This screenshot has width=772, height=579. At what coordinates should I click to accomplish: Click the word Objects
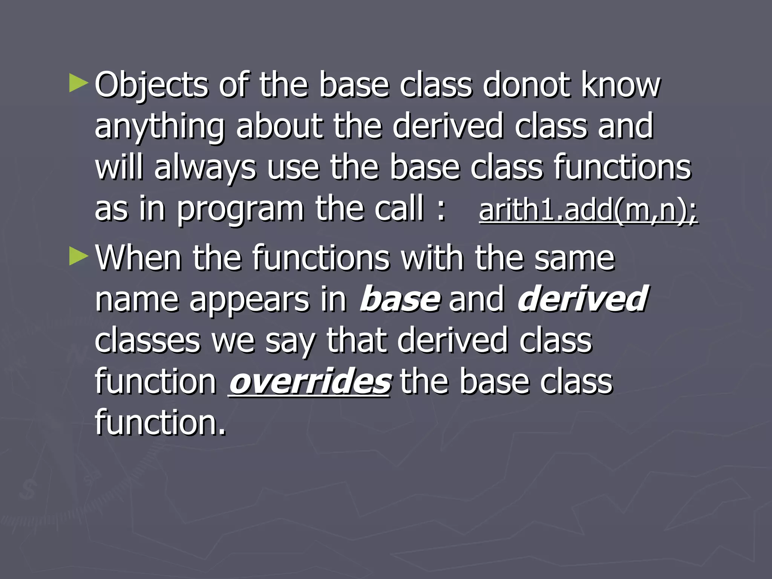click(x=151, y=85)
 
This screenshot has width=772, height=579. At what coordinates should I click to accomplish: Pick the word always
click(x=205, y=168)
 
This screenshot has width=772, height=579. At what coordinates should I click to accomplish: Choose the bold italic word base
click(x=400, y=299)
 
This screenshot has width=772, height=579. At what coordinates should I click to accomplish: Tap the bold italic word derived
click(x=582, y=299)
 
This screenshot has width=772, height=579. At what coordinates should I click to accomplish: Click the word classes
click(x=147, y=341)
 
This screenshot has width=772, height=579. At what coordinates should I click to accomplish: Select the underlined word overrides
click(x=309, y=381)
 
